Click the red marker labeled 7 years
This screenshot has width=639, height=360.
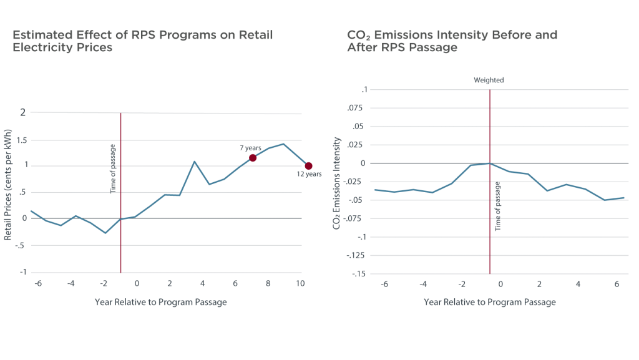253,158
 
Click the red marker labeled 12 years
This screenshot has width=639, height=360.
308,166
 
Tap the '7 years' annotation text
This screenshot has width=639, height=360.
250,148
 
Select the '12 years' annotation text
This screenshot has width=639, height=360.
308,175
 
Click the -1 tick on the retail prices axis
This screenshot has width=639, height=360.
24,273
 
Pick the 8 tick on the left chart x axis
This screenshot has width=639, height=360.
268,284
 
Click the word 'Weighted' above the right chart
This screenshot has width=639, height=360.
489,80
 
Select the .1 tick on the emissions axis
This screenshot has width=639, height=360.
365,90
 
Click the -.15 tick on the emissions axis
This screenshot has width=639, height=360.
361,274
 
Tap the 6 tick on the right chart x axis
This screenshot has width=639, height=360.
617,284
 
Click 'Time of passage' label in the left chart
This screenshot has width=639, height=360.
114,168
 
